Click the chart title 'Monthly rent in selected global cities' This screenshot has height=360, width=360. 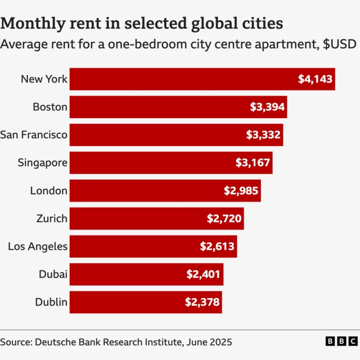click(141, 23)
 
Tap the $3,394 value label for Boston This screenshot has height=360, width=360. click(267, 107)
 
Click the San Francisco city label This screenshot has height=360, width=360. click(34, 135)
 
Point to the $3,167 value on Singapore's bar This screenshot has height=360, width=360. click(253, 163)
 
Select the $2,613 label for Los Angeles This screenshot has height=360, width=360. click(218, 246)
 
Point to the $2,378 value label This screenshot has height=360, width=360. click(202, 303)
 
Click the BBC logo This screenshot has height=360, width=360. click(341, 341)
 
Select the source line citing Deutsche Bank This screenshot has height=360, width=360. click(116, 341)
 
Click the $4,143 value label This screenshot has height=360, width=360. click(316, 79)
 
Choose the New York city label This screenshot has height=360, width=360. click(44, 79)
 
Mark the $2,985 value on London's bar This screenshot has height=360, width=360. click(241, 191)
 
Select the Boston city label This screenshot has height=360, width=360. click(50, 107)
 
